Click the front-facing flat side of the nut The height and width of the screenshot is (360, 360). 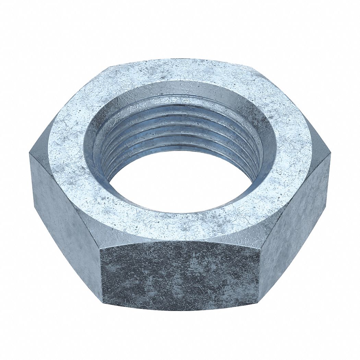180,274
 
